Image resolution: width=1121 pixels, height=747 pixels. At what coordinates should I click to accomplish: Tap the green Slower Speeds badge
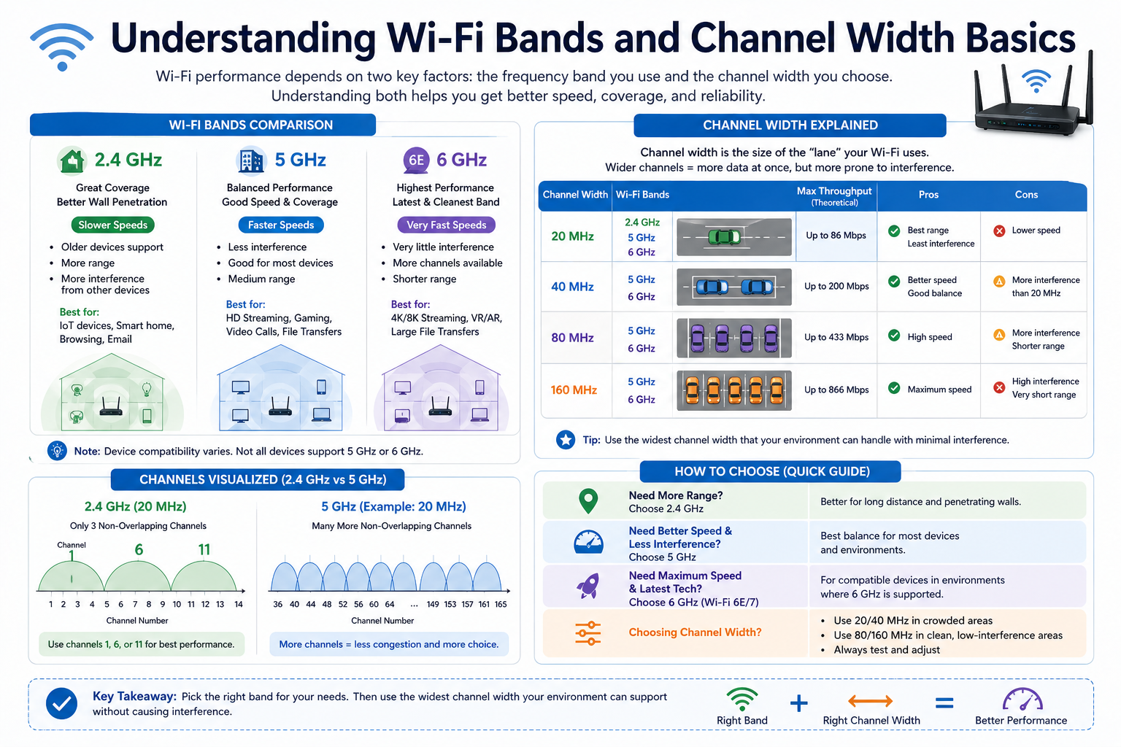[113, 225]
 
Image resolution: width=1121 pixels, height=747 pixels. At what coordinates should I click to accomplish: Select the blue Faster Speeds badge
[281, 225]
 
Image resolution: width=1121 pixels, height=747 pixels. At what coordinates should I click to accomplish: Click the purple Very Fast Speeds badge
[446, 225]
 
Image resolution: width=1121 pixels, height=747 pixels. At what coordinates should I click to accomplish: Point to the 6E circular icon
[416, 160]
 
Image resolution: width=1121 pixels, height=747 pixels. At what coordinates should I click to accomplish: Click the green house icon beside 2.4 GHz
[72, 160]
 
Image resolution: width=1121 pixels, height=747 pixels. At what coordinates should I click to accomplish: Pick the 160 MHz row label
[574, 390]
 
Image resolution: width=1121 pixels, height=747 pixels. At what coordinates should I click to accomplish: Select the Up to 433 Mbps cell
[836, 337]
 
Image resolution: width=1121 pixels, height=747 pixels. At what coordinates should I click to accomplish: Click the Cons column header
[1026, 195]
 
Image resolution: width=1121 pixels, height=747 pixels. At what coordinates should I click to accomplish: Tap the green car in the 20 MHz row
[725, 237]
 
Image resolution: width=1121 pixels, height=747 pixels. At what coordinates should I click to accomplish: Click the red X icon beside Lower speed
[1000, 231]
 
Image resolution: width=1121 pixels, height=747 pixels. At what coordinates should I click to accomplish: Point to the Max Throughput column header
[834, 196]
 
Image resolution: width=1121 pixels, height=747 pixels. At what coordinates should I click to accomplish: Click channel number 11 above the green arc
[204, 549]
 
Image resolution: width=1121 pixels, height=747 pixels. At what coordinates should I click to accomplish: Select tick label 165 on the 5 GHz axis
[501, 604]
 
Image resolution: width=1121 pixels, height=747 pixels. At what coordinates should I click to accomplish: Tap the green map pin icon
[588, 501]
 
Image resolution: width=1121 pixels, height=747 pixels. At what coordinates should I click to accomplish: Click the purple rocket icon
[588, 585]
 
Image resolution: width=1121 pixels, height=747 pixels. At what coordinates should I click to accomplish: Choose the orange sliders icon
[588, 632]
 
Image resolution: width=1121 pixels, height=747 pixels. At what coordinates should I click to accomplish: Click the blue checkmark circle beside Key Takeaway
[62, 704]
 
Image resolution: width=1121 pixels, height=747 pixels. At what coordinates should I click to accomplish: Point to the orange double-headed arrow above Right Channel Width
[870, 702]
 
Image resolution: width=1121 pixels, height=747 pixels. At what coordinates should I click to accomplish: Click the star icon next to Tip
[566, 440]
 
